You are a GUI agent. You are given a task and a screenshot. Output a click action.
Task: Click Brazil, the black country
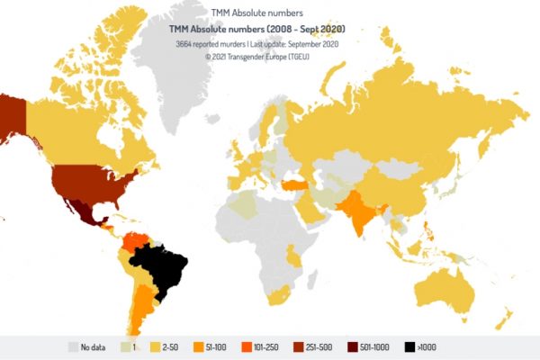click(160, 270)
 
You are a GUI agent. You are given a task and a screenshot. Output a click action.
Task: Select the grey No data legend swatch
click(72, 346)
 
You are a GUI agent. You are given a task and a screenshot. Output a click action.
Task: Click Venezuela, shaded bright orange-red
click(138, 240)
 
